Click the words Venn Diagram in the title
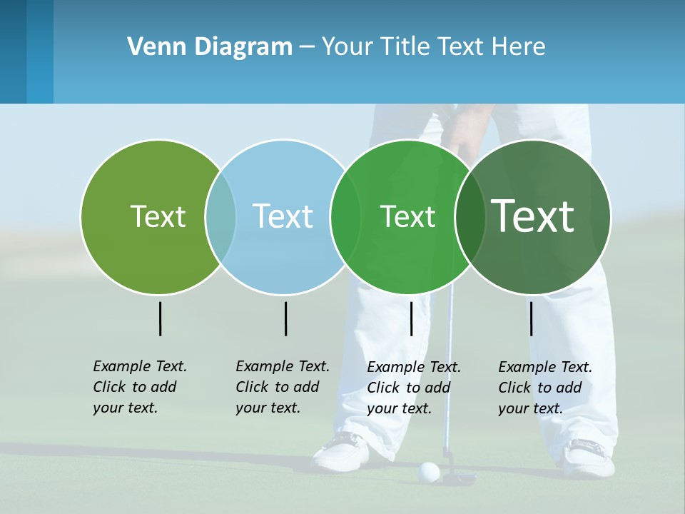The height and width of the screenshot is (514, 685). coord(209,47)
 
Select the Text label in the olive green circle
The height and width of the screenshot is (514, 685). coord(158,216)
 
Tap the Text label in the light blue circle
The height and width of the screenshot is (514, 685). coord(283,216)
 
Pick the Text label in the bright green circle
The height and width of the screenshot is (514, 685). coord(407,216)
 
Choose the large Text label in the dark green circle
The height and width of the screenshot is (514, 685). coord(533,216)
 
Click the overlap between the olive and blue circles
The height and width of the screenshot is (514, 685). coord(220,217)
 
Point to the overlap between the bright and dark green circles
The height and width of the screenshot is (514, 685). coord(470,217)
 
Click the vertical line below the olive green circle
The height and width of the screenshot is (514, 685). coord(160,318)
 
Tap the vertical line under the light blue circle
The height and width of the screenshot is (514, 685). coord(285,318)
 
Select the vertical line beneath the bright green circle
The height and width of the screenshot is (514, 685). coord(411,318)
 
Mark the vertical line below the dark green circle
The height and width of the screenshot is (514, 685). coord(531,318)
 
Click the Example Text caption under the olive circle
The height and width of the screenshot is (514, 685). coord(139,387)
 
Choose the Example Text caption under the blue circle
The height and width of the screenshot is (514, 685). coord(282,387)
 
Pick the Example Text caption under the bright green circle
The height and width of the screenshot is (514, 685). coord(413,388)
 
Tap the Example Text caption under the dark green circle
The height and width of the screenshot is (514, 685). coord(544,388)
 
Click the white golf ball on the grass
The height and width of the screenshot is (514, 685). coord(428,471)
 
